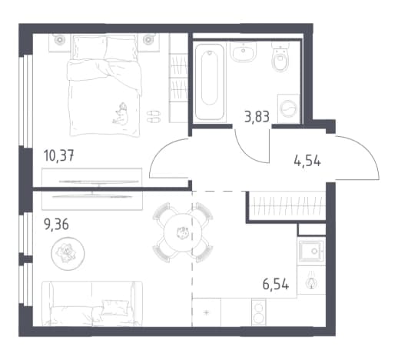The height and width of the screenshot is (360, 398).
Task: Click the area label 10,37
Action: tap(59, 156)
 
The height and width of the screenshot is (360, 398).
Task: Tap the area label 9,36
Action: tap(56, 225)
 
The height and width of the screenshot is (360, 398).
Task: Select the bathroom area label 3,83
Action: tap(257, 117)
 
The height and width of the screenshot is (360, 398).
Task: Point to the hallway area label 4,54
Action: tap(307, 162)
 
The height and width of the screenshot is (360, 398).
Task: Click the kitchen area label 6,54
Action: tap(276, 285)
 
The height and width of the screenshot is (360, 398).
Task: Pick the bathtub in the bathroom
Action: tap(210, 82)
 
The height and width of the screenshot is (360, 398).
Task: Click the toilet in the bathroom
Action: tap(280, 57)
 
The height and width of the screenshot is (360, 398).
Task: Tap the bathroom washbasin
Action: tap(243, 52)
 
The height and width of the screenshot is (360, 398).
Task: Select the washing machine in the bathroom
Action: tap(289, 108)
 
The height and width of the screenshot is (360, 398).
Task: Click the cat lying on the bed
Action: tap(121, 114)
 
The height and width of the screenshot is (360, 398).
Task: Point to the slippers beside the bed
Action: tap(154, 116)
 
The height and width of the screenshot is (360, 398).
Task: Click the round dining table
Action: tap(183, 232)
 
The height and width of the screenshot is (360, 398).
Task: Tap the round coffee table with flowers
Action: tap(68, 254)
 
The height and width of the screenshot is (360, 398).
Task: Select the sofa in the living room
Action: tap(92, 304)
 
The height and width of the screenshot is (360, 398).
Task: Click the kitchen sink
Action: tap(312, 251)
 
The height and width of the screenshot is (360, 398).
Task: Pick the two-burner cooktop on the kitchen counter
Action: tap(259, 312)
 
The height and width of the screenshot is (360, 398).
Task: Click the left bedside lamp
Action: tap(60, 40)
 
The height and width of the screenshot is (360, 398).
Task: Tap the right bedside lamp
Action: tap(148, 40)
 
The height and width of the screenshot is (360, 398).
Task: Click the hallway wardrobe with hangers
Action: tap(287, 206)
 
